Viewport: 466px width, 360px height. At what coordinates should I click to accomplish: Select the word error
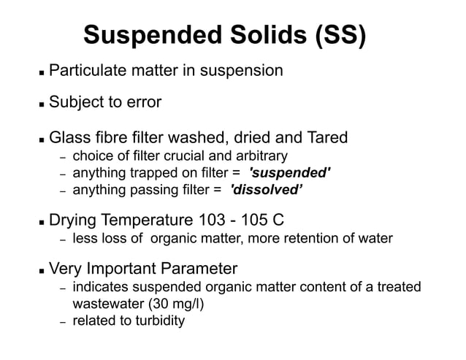coord(142,102)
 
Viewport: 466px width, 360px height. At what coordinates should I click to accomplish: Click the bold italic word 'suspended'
coord(290,173)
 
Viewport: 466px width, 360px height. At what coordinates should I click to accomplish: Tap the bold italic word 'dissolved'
coord(267,191)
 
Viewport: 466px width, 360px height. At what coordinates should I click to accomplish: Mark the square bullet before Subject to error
coord(42,104)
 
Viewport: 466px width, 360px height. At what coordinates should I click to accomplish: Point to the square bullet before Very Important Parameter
coord(42,269)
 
